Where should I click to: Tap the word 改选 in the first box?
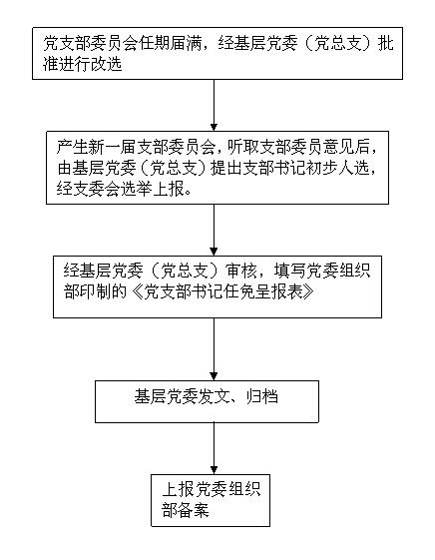point(107,65)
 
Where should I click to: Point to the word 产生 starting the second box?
point(72,148)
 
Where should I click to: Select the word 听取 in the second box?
point(243,148)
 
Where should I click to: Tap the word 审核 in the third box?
point(242,271)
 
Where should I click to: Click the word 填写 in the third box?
point(289,271)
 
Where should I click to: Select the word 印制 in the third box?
point(96,291)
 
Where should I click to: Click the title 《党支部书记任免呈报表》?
point(222,291)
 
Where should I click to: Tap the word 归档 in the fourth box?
point(262,396)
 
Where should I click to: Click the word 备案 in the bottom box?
point(194,510)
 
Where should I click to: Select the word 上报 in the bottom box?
point(178,490)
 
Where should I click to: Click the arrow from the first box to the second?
point(214,105)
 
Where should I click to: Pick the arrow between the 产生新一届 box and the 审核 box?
point(214,230)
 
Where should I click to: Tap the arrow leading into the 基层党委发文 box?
point(214,349)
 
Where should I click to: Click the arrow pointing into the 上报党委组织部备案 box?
point(214,448)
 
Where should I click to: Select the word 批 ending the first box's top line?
point(386,44)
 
